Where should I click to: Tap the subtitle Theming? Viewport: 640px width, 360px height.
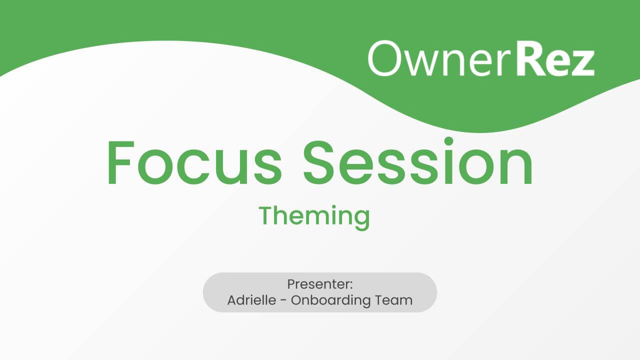click(x=314, y=216)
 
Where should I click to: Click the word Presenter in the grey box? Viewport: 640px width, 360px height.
click(x=318, y=284)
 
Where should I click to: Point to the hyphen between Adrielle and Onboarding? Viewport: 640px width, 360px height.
click(x=285, y=301)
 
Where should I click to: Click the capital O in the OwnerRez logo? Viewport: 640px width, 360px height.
click(x=386, y=58)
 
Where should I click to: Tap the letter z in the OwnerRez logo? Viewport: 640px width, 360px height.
click(x=582, y=62)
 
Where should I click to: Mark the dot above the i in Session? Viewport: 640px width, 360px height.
click(x=449, y=141)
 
